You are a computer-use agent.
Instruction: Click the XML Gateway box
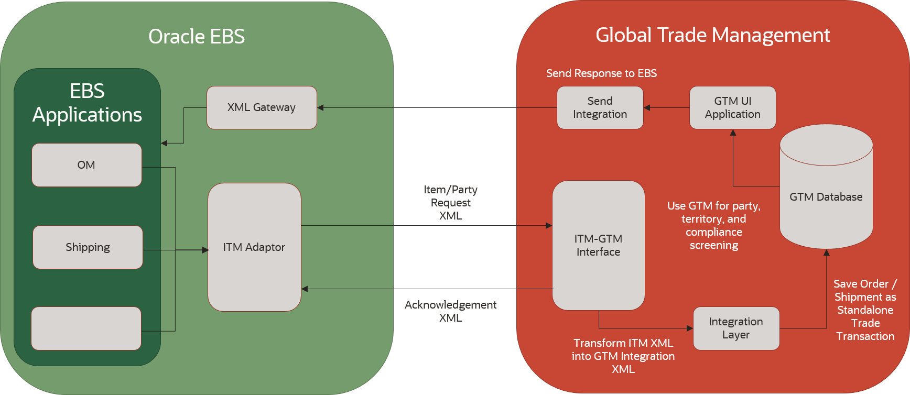coord(262,107)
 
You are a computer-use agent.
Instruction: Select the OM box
coord(86,165)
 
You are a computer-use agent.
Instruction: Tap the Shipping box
coord(88,247)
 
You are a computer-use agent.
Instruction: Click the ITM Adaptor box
coord(254,247)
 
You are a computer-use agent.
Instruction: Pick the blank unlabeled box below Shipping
coord(86,328)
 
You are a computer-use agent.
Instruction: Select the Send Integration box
coord(600,107)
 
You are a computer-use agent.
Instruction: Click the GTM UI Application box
coord(732,107)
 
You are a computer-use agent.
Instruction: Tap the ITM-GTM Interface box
coord(598,245)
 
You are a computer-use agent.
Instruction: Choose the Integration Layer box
coord(736,328)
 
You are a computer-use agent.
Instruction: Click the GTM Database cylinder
coord(826,197)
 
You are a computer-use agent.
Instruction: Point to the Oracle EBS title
coord(197,37)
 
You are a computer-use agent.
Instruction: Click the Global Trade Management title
coord(712,35)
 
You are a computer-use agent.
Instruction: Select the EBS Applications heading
coord(87,103)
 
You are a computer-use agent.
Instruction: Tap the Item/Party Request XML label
coord(450,203)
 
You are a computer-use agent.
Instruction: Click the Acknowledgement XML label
coord(450,311)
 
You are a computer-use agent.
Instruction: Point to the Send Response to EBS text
coord(601,73)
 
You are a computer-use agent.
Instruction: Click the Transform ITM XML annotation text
coord(623,356)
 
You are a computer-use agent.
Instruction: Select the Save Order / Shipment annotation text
coord(865,310)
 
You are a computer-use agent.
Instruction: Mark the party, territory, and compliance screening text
coord(714,225)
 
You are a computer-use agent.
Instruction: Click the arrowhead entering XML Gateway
coord(320,108)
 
